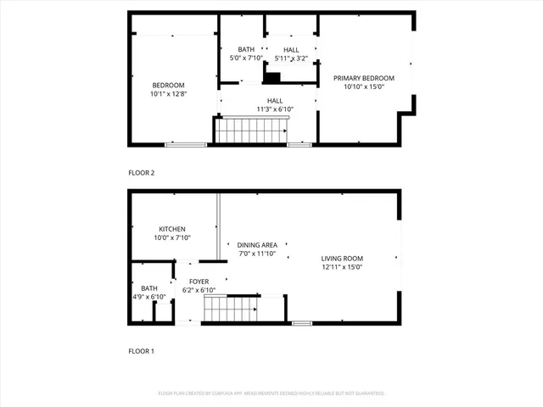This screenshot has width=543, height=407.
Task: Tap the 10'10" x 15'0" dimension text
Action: click(364, 86)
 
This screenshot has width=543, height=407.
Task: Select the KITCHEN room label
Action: click(172, 229)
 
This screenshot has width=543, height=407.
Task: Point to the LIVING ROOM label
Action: click(342, 259)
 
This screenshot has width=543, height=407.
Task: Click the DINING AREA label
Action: click(258, 245)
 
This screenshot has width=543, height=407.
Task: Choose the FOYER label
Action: click(199, 282)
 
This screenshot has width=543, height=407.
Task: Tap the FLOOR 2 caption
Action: click(142, 173)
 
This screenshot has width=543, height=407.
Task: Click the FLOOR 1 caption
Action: click(142, 350)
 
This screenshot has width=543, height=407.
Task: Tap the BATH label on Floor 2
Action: click(246, 49)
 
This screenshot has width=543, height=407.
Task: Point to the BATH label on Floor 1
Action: click(148, 288)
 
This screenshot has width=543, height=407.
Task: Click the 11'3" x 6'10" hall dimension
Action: click(269, 109)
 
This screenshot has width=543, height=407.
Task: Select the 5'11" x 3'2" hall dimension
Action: click(291, 59)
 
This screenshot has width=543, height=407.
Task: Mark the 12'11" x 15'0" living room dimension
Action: click(342, 267)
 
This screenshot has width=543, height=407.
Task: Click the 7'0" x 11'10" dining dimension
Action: click(258, 254)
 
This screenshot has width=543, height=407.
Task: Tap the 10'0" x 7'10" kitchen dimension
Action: click(172, 238)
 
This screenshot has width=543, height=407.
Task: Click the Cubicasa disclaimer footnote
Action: click(271, 393)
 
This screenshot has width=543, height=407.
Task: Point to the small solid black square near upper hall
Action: click(271, 78)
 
